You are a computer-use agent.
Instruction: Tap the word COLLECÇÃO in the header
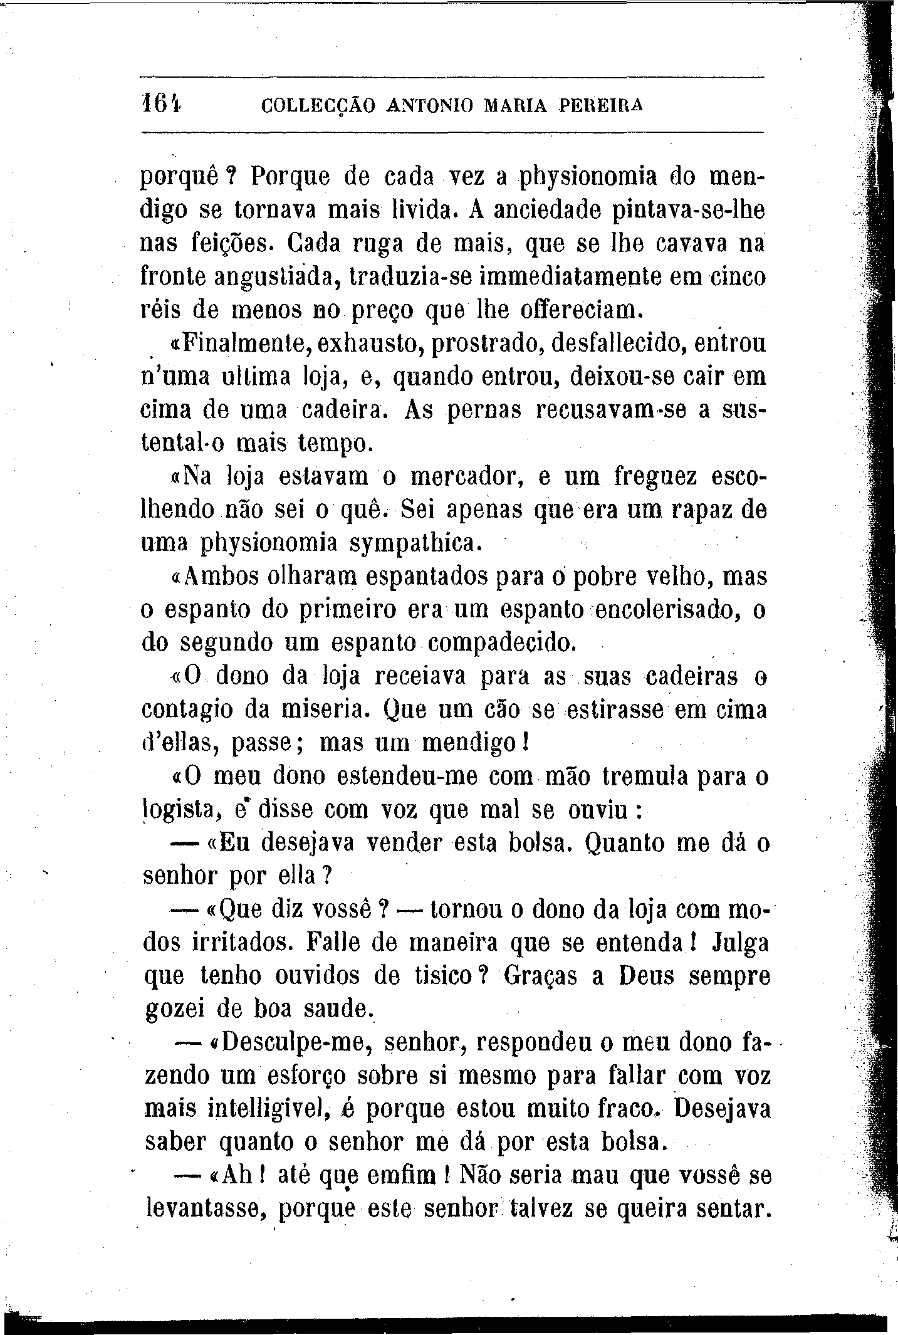pyautogui.click(x=318, y=107)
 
